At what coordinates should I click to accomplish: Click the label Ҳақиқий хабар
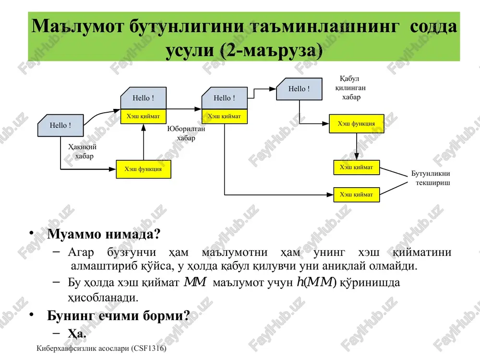click(83, 151)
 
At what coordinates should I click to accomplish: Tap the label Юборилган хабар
click(186, 133)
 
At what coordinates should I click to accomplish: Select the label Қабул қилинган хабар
click(350, 88)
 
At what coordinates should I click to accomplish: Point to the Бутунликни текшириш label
click(431, 178)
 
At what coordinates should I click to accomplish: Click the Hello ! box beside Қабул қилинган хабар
click(300, 89)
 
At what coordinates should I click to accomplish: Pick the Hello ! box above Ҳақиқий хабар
click(60, 125)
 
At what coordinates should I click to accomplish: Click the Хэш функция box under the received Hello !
click(356, 124)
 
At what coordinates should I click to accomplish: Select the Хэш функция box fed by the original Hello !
click(143, 169)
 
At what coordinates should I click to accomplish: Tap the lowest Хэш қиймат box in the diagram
click(356, 195)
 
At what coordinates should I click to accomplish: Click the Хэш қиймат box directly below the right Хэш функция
click(356, 168)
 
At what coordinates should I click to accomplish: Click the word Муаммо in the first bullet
click(74, 234)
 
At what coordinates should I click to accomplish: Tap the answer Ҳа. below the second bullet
click(77, 333)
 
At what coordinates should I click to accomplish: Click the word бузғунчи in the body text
click(132, 252)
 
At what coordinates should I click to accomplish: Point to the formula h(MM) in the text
click(316, 282)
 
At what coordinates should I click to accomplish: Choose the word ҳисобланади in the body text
click(103, 298)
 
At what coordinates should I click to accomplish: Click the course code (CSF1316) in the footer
click(149, 348)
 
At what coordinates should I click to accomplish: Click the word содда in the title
click(433, 26)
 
